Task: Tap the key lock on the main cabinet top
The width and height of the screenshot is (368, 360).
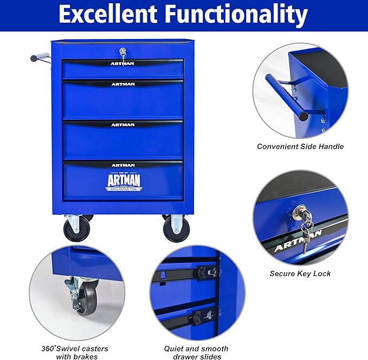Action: (123, 53)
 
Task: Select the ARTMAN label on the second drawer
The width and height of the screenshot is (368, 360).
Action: (123, 84)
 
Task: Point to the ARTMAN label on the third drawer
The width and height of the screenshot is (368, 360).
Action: (123, 125)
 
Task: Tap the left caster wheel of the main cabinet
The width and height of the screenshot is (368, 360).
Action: (73, 230)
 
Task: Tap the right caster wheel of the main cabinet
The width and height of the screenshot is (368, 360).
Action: (176, 230)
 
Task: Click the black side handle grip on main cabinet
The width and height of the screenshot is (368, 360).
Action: (36, 57)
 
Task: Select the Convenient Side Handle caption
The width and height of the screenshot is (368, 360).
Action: (300, 146)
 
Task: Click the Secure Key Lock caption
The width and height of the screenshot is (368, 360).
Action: (300, 273)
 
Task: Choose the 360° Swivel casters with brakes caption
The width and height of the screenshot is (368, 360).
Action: (82, 352)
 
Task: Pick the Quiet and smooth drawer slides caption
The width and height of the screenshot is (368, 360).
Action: (196, 352)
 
